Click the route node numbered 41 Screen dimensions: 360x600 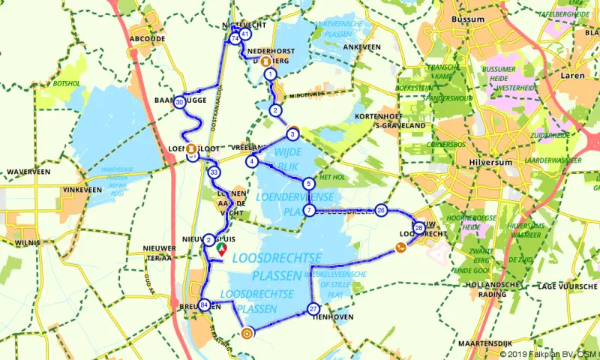pos(245,35)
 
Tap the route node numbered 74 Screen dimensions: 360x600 pos(235,38)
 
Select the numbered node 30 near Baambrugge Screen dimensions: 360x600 pos(179,103)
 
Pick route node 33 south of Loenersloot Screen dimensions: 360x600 pos(214,172)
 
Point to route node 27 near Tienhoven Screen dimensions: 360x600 pos(313,309)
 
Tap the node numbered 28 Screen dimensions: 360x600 pos(418,227)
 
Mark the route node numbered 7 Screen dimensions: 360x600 pos(308,211)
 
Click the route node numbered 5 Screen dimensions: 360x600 pos(308,184)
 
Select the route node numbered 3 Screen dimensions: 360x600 pos(292,135)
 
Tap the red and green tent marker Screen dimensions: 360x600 pos(222,247)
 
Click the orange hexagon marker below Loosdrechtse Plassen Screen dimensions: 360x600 pos(247,334)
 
